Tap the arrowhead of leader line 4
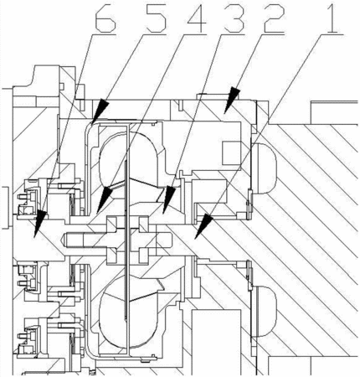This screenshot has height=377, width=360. pyautogui.click(x=103, y=199)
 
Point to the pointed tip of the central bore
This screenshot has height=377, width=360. pyautogui.click(x=62, y=240)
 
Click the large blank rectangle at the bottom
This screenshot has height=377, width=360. pyautogui.click(x=216, y=343)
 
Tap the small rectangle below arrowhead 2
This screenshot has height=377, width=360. pyautogui.click(x=231, y=153)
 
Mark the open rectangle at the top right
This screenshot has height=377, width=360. pyautogui.click(x=334, y=112)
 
